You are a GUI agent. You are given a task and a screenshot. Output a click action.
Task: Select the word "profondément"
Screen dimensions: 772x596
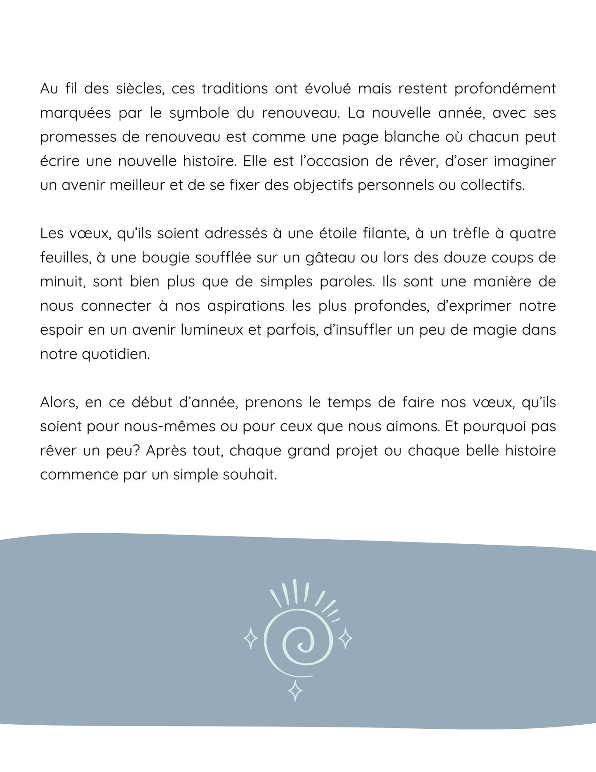point(505,89)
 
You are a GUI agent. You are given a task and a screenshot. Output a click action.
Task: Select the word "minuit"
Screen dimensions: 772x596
point(63,282)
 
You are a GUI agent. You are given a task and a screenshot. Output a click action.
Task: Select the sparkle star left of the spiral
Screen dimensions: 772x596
point(251,638)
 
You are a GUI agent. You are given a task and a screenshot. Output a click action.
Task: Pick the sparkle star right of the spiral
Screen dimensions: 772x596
point(345,638)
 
